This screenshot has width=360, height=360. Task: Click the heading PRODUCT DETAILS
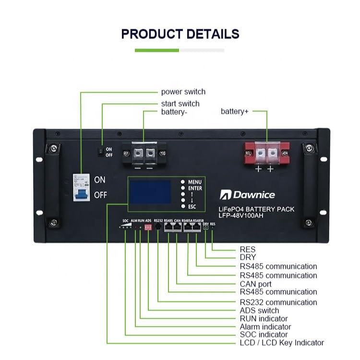pyautogui.click(x=180, y=34)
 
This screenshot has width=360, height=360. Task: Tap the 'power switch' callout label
pyautogui.click(x=183, y=92)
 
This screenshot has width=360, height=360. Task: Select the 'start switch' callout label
pyautogui.click(x=180, y=104)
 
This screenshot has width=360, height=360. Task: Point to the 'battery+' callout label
pyautogui.click(x=235, y=111)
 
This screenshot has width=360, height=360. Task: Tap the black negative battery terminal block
pyautogui.click(x=144, y=154)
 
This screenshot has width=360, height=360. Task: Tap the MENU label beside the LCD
pyautogui.click(x=195, y=182)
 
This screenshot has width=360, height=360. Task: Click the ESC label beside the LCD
pyautogui.click(x=192, y=207)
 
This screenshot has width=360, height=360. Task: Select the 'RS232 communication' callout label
pyautogui.click(x=278, y=302)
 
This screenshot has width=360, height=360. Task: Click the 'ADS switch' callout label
pyautogui.click(x=261, y=310)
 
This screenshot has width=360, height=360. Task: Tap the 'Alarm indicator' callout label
pyautogui.click(x=265, y=327)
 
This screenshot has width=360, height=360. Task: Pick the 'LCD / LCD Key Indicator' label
pyautogui.click(x=282, y=343)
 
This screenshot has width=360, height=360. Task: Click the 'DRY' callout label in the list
pyautogui.click(x=247, y=257)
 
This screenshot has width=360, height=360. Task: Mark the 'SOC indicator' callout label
pyautogui.click(x=264, y=335)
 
